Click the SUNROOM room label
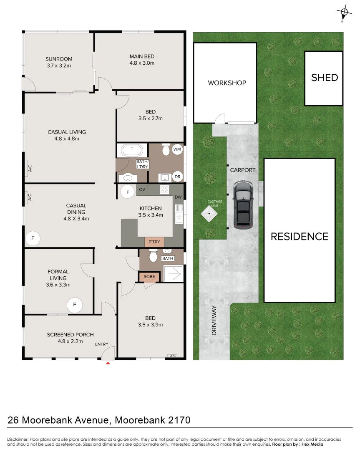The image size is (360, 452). click(59, 59)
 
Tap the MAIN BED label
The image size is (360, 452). click(142, 56)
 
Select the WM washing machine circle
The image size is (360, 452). click(177, 149)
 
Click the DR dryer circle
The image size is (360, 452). click(178, 177)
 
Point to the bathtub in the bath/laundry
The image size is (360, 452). click(132, 151)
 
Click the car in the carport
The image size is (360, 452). click(243, 205)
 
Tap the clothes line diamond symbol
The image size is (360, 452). click(209, 214)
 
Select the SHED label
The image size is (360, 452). click(325, 78)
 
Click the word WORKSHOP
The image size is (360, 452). click(227, 83)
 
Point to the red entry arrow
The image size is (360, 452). click(108, 363)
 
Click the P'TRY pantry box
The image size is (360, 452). click(154, 242)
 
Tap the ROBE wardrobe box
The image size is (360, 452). click(149, 277)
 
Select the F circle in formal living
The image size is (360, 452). click(75, 305)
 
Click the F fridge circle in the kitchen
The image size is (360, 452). click(128, 192)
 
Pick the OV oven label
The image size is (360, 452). click(142, 189)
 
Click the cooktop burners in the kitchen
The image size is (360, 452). click(164, 189)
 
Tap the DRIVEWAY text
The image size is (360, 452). click(214, 320)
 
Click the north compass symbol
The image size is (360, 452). click(344, 13)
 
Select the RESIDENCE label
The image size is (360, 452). click(300, 237)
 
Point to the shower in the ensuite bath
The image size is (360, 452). click(173, 273)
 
